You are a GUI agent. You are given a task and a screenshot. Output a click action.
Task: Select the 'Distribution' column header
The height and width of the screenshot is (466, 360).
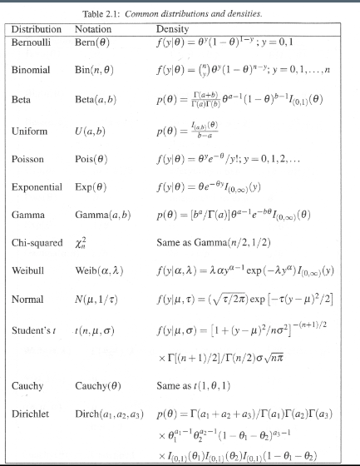pos(37,29)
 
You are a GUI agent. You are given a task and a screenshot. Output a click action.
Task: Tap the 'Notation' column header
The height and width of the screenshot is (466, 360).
pos(93,29)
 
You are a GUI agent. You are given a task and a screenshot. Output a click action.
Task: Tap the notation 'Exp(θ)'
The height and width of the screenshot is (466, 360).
pos(91,187)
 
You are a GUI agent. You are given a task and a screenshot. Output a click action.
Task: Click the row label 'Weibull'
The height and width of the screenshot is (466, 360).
pos(30,270)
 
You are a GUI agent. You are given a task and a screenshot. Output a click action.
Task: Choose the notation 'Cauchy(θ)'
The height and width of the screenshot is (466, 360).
pos(98,386)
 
